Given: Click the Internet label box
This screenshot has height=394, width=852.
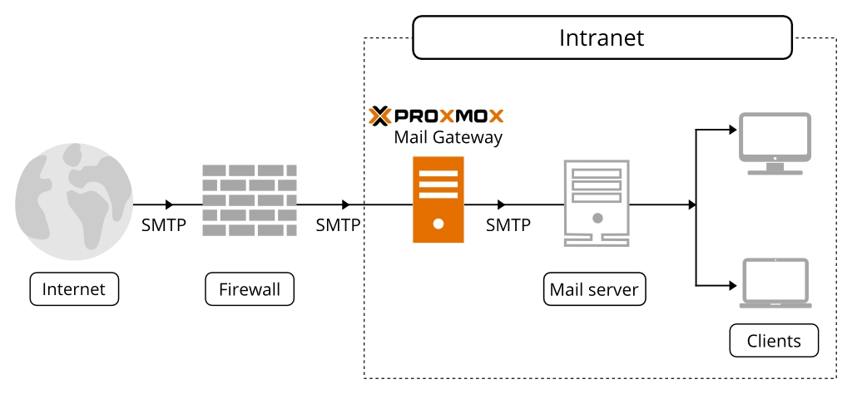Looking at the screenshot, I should [x=74, y=289].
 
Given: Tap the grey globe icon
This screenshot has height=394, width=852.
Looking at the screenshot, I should [x=73, y=198].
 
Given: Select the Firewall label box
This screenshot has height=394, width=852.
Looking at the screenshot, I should [x=250, y=289].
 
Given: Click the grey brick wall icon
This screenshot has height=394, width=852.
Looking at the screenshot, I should [x=250, y=199].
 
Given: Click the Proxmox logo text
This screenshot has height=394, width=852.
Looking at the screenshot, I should [x=448, y=115].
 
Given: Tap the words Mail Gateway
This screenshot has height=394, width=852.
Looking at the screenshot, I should [x=448, y=137].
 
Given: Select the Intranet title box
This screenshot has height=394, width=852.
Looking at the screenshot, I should [x=601, y=39].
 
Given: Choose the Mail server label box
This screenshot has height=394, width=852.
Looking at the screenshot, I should [x=594, y=289].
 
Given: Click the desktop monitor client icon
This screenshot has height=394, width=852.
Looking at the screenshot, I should [x=775, y=144].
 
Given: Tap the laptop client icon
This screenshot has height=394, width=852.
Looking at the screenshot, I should [x=775, y=283].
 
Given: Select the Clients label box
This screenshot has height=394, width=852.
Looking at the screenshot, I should [x=774, y=340].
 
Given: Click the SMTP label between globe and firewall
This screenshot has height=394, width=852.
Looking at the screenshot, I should [x=164, y=224].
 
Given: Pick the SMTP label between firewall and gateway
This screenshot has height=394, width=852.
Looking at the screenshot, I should [x=338, y=224].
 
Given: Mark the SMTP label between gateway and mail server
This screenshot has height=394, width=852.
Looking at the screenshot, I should [x=508, y=224].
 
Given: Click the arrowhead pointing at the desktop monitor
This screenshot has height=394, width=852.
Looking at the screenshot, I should [x=732, y=130].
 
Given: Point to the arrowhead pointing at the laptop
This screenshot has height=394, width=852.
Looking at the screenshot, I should [x=732, y=285].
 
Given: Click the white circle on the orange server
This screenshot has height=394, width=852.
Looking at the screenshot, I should [x=438, y=224].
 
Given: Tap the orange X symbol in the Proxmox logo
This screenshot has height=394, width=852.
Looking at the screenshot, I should [x=379, y=115].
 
